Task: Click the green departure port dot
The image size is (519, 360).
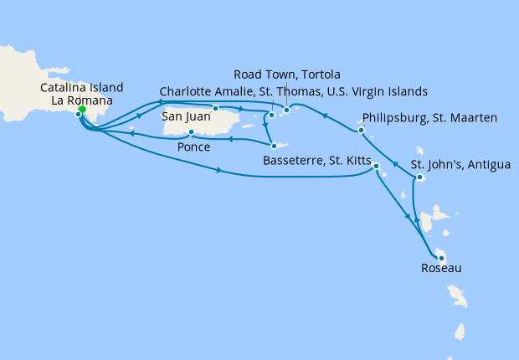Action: click(82, 109)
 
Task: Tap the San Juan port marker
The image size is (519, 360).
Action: click(216, 108)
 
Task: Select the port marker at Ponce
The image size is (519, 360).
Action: click(192, 132)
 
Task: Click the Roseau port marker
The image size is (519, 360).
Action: click(440, 258)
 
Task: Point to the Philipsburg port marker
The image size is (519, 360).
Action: click(361, 131)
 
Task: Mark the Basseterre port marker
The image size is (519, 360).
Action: click(377, 167)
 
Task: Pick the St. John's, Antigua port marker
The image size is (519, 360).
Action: click(419, 177)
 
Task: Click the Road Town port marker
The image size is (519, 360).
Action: click(286, 110)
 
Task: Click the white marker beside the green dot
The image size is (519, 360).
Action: click(78, 115)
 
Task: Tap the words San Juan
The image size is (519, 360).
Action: click(186, 116)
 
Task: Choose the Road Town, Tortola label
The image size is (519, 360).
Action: click(288, 75)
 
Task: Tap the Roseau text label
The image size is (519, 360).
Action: click(440, 270)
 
